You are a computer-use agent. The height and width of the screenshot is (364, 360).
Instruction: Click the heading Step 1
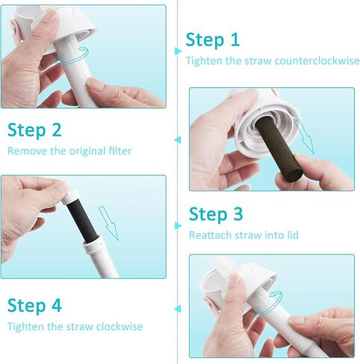click(x=213, y=40)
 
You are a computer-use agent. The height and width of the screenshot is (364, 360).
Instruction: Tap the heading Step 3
click(x=216, y=215)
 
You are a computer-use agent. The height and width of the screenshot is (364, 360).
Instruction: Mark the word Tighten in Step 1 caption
click(x=204, y=60)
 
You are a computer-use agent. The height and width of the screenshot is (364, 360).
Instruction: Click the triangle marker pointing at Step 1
click(x=179, y=50)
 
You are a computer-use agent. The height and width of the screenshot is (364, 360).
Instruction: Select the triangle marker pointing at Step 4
click(x=179, y=307)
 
